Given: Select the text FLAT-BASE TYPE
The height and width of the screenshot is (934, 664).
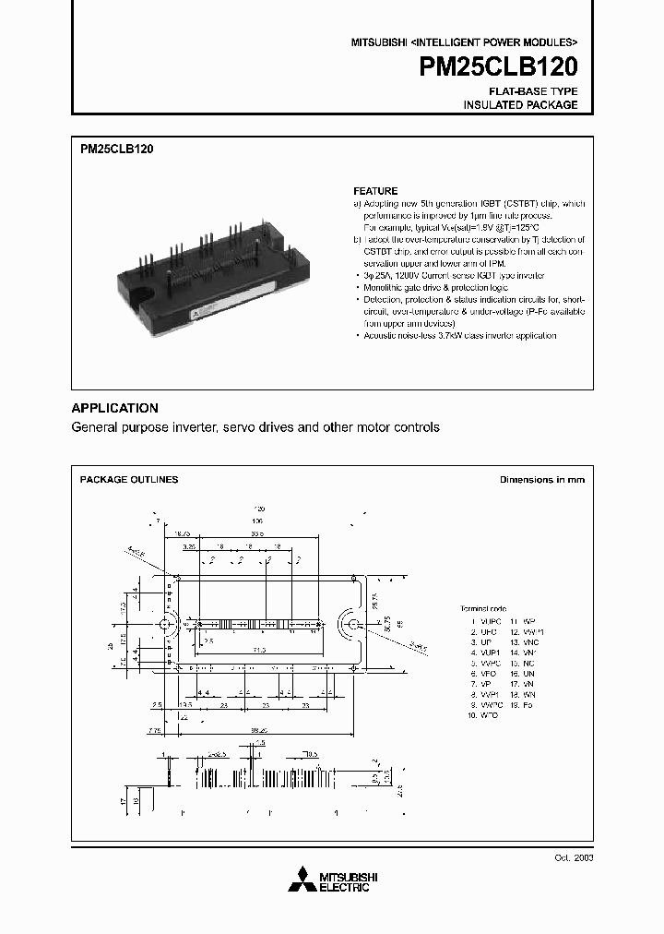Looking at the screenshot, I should click(x=533, y=91).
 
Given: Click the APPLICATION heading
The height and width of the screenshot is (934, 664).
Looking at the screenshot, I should click(x=114, y=408).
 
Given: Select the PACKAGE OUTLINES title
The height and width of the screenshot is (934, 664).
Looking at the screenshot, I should click(x=129, y=480).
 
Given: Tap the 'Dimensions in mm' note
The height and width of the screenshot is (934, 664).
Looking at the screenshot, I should click(x=541, y=480).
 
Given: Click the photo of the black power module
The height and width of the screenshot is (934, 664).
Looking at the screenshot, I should click(x=207, y=263).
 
